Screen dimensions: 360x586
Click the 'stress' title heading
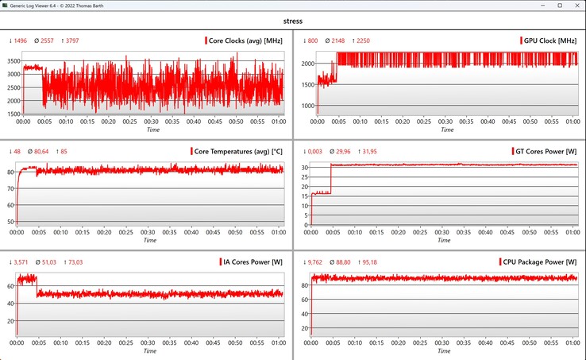point(292,21)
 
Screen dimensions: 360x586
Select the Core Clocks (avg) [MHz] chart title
point(247,41)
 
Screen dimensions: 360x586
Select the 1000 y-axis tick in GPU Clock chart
point(305,105)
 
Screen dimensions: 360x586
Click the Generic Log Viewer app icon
point(6,6)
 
